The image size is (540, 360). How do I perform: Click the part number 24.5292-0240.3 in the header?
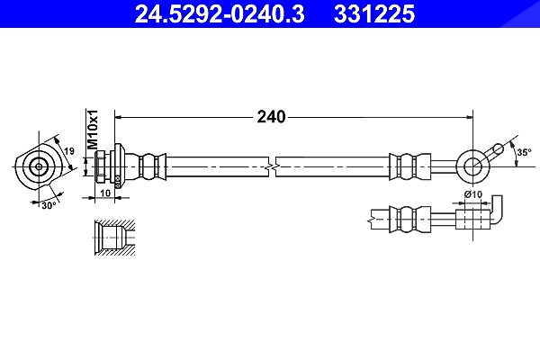[x=220, y=13]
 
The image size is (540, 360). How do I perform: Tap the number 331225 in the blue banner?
[x=374, y=13]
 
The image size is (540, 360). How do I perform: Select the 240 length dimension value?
[x=272, y=117]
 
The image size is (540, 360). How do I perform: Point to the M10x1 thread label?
[x=92, y=130]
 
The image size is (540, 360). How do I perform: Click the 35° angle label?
[x=524, y=152]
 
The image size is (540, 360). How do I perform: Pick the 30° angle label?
[x=49, y=206]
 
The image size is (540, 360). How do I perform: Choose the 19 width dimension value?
[x=69, y=151]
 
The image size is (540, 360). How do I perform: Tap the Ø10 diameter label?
[x=473, y=194]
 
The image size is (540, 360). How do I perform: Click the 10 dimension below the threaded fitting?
[x=105, y=193]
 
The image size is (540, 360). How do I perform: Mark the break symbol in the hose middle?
[x=272, y=167]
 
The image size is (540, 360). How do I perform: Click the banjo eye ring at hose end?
[x=472, y=166]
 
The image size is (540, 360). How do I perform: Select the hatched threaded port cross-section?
[x=114, y=238]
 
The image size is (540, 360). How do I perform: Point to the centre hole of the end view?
[x=39, y=166]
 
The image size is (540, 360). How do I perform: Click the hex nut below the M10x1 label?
[x=100, y=166]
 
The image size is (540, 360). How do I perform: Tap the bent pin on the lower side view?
[x=496, y=211]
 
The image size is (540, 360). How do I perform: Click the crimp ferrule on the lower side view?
[x=410, y=219]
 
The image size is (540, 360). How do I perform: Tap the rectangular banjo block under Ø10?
[x=473, y=219]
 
